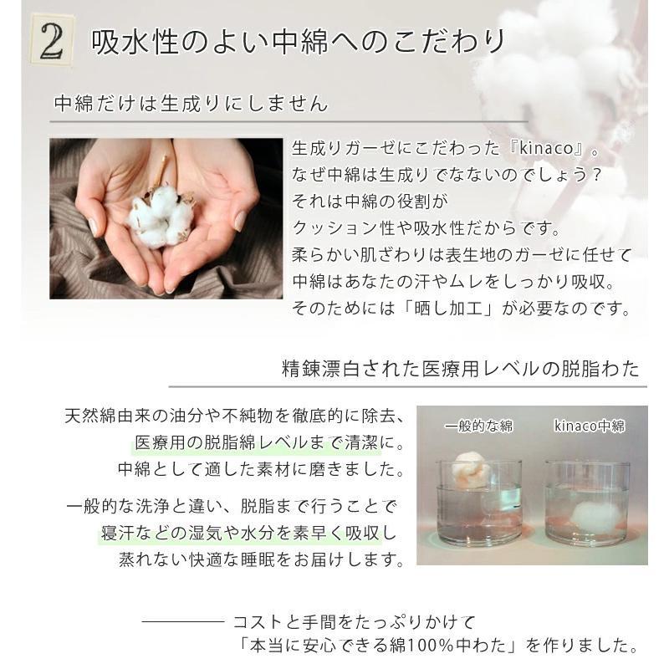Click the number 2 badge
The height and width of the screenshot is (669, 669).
pos(52,41)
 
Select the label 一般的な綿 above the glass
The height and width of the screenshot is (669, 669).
pos(478,426)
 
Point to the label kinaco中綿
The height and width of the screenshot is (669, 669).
pos(590,426)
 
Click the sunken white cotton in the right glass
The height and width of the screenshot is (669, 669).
pos(589,518)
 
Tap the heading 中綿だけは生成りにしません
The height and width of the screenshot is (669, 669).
pos(192,104)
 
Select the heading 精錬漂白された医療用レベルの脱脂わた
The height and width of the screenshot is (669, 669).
pos(461,369)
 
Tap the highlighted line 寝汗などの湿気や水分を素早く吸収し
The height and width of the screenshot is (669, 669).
pos(248,533)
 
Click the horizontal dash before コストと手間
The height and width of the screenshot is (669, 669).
pos(182,621)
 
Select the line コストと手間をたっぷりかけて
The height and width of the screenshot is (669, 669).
pos(354,622)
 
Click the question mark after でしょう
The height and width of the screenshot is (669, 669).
pos(596,175)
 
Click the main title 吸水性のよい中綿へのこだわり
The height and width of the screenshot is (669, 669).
pos(298,42)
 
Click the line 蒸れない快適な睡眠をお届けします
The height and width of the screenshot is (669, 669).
pos(261,559)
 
